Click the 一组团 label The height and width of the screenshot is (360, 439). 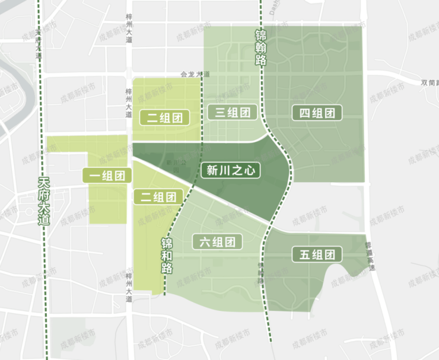click(x=107, y=175)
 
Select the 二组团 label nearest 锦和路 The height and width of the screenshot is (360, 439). click(x=157, y=197)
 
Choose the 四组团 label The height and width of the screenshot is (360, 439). click(x=317, y=113)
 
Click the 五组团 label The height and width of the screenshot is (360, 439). click(x=317, y=255)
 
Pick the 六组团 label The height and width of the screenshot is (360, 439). click(x=218, y=241)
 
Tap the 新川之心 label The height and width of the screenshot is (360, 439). click(x=231, y=171)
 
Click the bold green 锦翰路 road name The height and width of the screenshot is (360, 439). click(x=260, y=47)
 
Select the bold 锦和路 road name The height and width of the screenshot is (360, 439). click(x=167, y=256)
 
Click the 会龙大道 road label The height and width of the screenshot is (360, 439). click(x=195, y=75)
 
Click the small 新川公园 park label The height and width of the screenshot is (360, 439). click(x=173, y=165)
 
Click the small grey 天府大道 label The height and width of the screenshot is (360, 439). click(x=38, y=43)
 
